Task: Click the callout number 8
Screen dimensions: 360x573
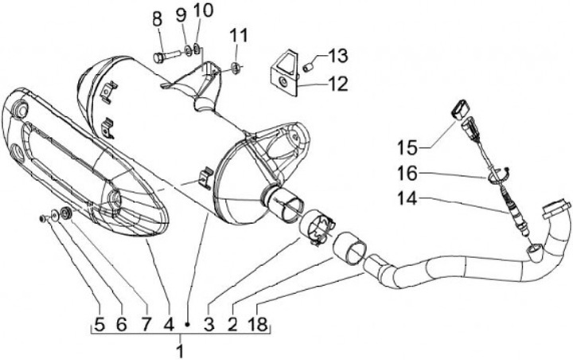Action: (x=156, y=17)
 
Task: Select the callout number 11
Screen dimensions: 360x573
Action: (x=240, y=35)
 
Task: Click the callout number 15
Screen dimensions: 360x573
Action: (x=407, y=147)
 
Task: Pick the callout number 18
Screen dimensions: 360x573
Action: (x=259, y=324)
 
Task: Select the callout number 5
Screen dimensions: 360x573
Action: (x=99, y=324)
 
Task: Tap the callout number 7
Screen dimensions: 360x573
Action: (x=146, y=324)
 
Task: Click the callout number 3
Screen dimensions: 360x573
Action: (x=209, y=324)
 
